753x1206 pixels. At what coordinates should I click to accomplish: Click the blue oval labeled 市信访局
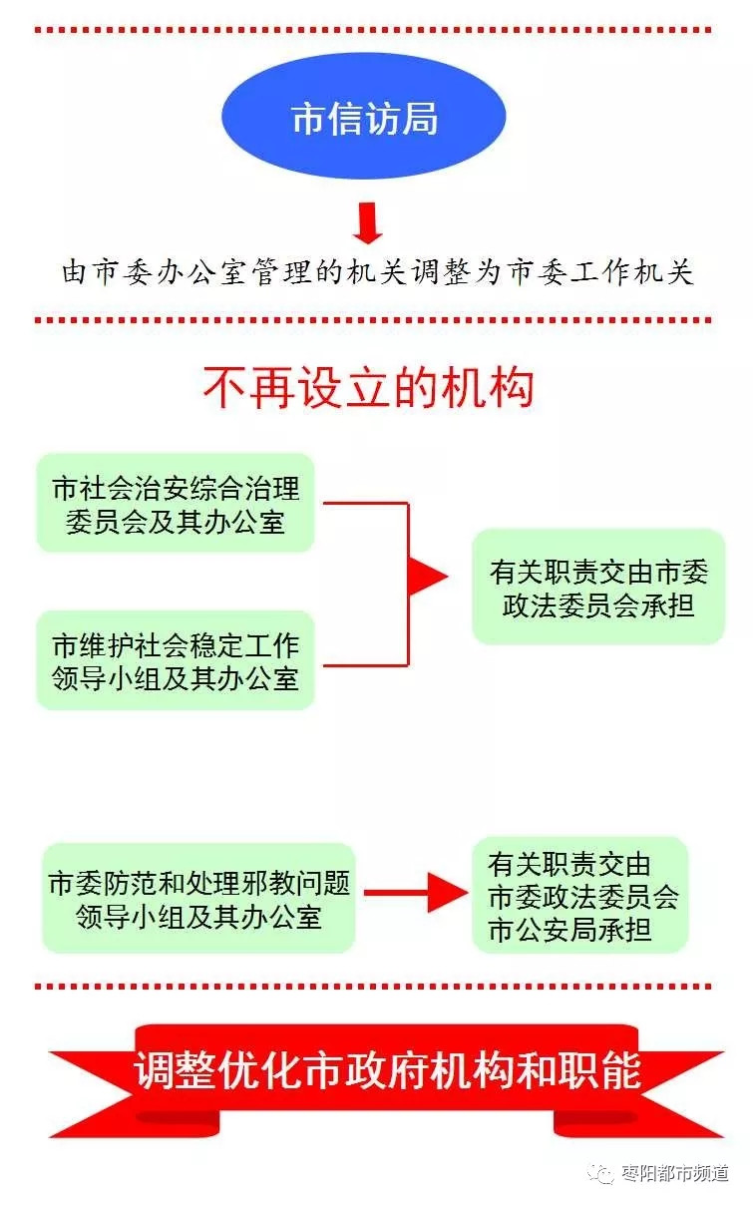point(364,117)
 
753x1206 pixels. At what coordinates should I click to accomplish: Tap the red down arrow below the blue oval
point(368,222)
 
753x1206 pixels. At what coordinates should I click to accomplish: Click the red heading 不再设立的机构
point(369,387)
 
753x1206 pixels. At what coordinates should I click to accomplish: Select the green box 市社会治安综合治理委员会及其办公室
point(176,503)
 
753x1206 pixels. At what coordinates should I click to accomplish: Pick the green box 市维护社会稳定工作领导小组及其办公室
point(176,660)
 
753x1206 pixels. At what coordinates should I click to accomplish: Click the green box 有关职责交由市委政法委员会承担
point(598,587)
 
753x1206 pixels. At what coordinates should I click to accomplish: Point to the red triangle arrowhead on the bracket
point(428,577)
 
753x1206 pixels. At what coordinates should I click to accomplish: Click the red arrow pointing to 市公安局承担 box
point(416,893)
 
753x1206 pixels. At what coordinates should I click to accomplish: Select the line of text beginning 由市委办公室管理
point(377,271)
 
